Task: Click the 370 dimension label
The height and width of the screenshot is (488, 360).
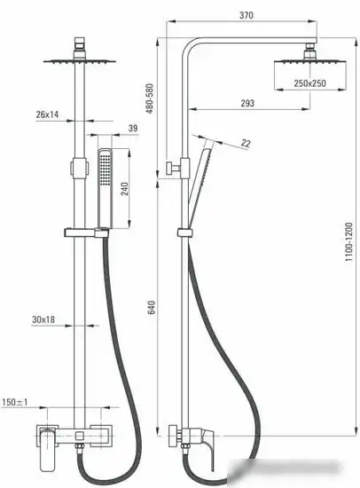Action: tap(247, 15)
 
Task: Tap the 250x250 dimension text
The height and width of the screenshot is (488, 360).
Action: tap(310, 83)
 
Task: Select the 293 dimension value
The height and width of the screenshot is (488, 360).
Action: tap(247, 103)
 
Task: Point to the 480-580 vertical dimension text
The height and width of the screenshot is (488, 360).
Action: tap(150, 98)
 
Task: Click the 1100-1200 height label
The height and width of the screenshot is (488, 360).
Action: tap(349, 242)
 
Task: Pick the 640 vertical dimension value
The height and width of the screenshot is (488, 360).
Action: tap(152, 308)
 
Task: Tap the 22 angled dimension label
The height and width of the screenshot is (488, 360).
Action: tap(246, 144)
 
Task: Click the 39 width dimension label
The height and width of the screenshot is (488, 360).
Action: tap(133, 129)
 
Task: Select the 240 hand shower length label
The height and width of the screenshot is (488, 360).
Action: tap(124, 189)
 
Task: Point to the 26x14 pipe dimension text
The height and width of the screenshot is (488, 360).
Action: tap(47, 114)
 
